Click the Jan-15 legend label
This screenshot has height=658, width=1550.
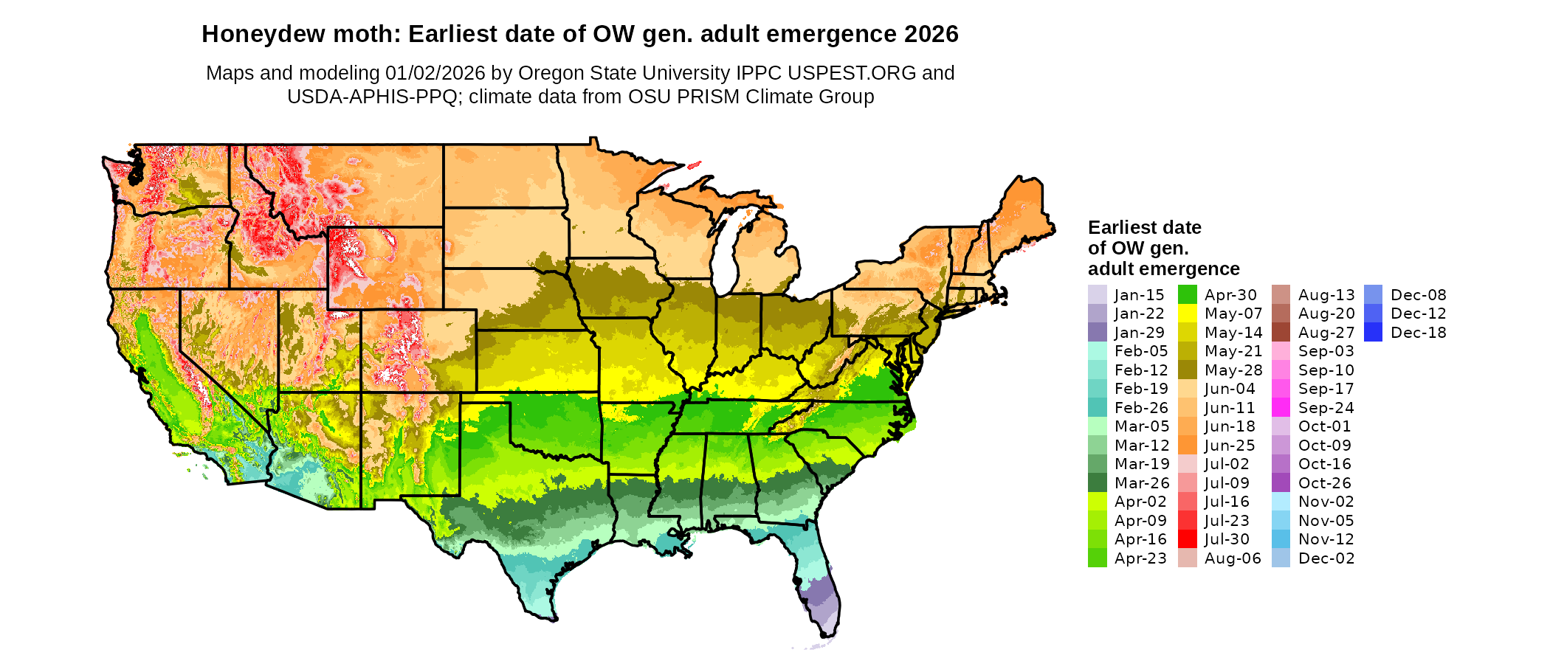[x=1139, y=295]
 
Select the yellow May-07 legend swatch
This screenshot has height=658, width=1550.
[x=1188, y=314]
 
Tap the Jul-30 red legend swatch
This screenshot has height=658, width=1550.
[x=1188, y=539]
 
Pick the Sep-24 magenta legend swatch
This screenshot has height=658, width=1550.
[x=1281, y=408]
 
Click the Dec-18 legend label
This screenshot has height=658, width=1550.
[x=1418, y=333]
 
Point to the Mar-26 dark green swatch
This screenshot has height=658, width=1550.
[x=1098, y=483]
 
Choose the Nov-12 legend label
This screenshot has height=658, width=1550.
[x=1326, y=539]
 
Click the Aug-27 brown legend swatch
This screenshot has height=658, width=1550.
[x=1281, y=333]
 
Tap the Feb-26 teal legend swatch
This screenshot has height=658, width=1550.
[x=1098, y=408]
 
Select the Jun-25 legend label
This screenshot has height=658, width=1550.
[x=1230, y=446]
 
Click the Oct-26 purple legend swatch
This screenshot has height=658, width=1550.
[x=1281, y=483]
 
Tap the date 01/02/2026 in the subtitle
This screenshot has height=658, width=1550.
[x=435, y=73]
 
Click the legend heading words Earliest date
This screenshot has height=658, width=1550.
[x=1144, y=227]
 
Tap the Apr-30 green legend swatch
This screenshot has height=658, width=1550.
[x=1188, y=295]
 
